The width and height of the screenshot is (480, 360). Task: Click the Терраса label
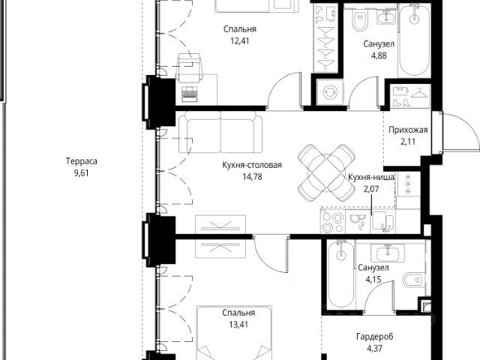pos(82,161)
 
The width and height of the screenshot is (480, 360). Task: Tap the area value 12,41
pos(240,40)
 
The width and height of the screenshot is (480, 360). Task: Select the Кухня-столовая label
pos(252,165)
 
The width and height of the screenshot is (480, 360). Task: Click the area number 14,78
pos(252,177)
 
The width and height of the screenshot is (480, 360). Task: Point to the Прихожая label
pos(408,130)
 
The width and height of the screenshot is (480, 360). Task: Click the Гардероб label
pos(375,337)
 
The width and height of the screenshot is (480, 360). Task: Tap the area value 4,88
pos(379,55)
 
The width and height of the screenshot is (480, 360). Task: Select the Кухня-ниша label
pos(371,177)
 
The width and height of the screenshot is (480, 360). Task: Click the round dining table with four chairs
pos(326,173)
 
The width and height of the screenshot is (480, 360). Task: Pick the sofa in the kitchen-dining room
pos(220,132)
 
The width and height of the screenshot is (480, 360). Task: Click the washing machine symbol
pos(330,92)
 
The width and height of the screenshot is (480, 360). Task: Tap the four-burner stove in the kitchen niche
pos(333,222)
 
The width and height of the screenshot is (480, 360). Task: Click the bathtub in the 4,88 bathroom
pos(414,40)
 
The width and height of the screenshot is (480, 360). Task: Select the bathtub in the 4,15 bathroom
pos(340,273)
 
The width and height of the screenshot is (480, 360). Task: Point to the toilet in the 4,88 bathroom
pos(359,20)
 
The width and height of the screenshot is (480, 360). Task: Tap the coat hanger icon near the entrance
pos(418,92)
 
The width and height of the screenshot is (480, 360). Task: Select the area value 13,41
pos(238,324)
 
